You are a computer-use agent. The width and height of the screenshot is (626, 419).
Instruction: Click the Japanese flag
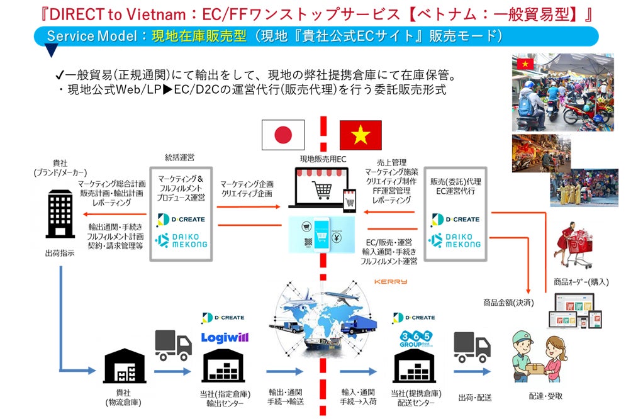283,135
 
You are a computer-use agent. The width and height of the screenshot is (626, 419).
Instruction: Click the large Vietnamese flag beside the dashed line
361,135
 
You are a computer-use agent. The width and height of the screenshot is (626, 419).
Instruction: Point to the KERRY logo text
390,281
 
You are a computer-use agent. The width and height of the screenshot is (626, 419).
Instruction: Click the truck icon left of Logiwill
173,345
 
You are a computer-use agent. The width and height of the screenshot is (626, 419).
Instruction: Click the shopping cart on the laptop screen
322,187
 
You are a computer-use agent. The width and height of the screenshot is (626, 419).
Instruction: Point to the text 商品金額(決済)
508,303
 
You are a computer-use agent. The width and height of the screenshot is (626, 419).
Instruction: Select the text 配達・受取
545,396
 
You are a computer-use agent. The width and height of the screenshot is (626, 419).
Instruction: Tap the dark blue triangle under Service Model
52,51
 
